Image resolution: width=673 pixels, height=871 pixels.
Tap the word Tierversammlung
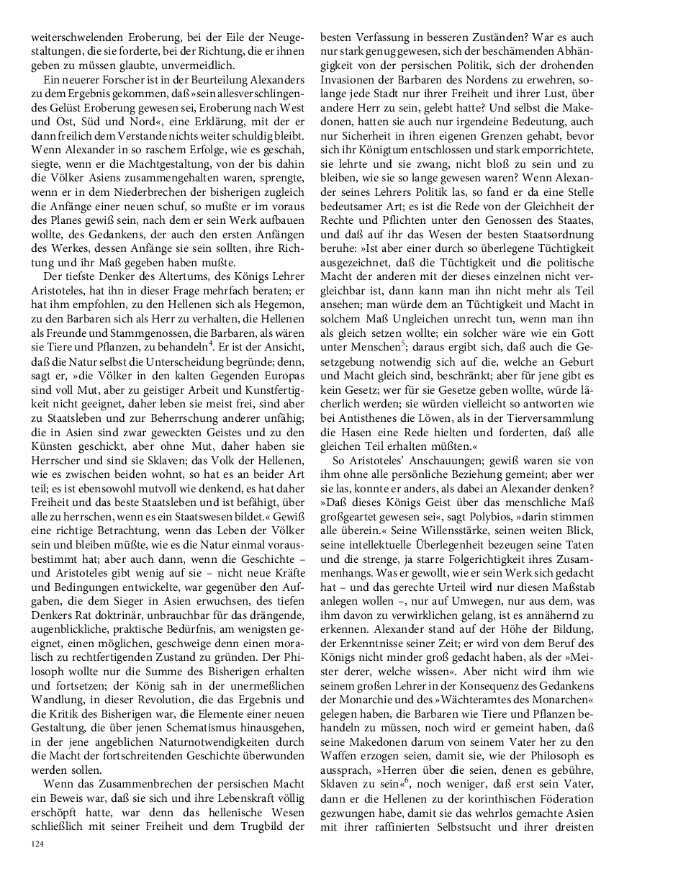(548, 418)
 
